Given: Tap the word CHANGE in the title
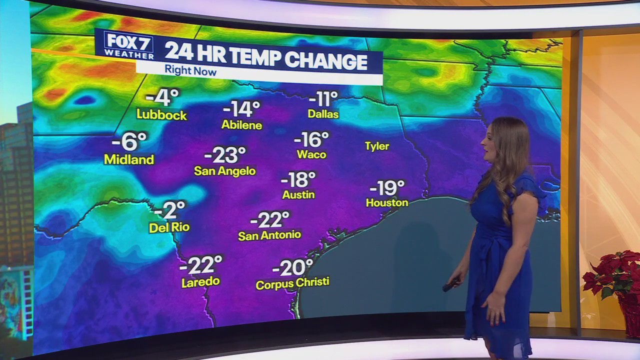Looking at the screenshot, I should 327,61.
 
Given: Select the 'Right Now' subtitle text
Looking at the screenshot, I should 190,71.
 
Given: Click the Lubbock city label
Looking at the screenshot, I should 161,115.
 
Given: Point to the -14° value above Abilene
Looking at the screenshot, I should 241,108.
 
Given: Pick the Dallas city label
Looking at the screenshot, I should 323,114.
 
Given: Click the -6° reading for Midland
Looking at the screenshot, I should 129,141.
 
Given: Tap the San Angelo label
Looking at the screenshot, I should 224,171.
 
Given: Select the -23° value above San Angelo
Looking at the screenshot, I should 225,154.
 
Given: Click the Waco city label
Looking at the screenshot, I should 311,154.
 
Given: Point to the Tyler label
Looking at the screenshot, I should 377,146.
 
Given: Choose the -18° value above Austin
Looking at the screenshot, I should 298,179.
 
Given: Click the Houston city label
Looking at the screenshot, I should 387,203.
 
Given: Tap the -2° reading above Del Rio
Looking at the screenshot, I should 169,210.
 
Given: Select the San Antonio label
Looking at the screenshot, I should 269,235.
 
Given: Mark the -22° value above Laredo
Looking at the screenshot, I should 200,265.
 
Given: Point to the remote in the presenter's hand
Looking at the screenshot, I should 450,285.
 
